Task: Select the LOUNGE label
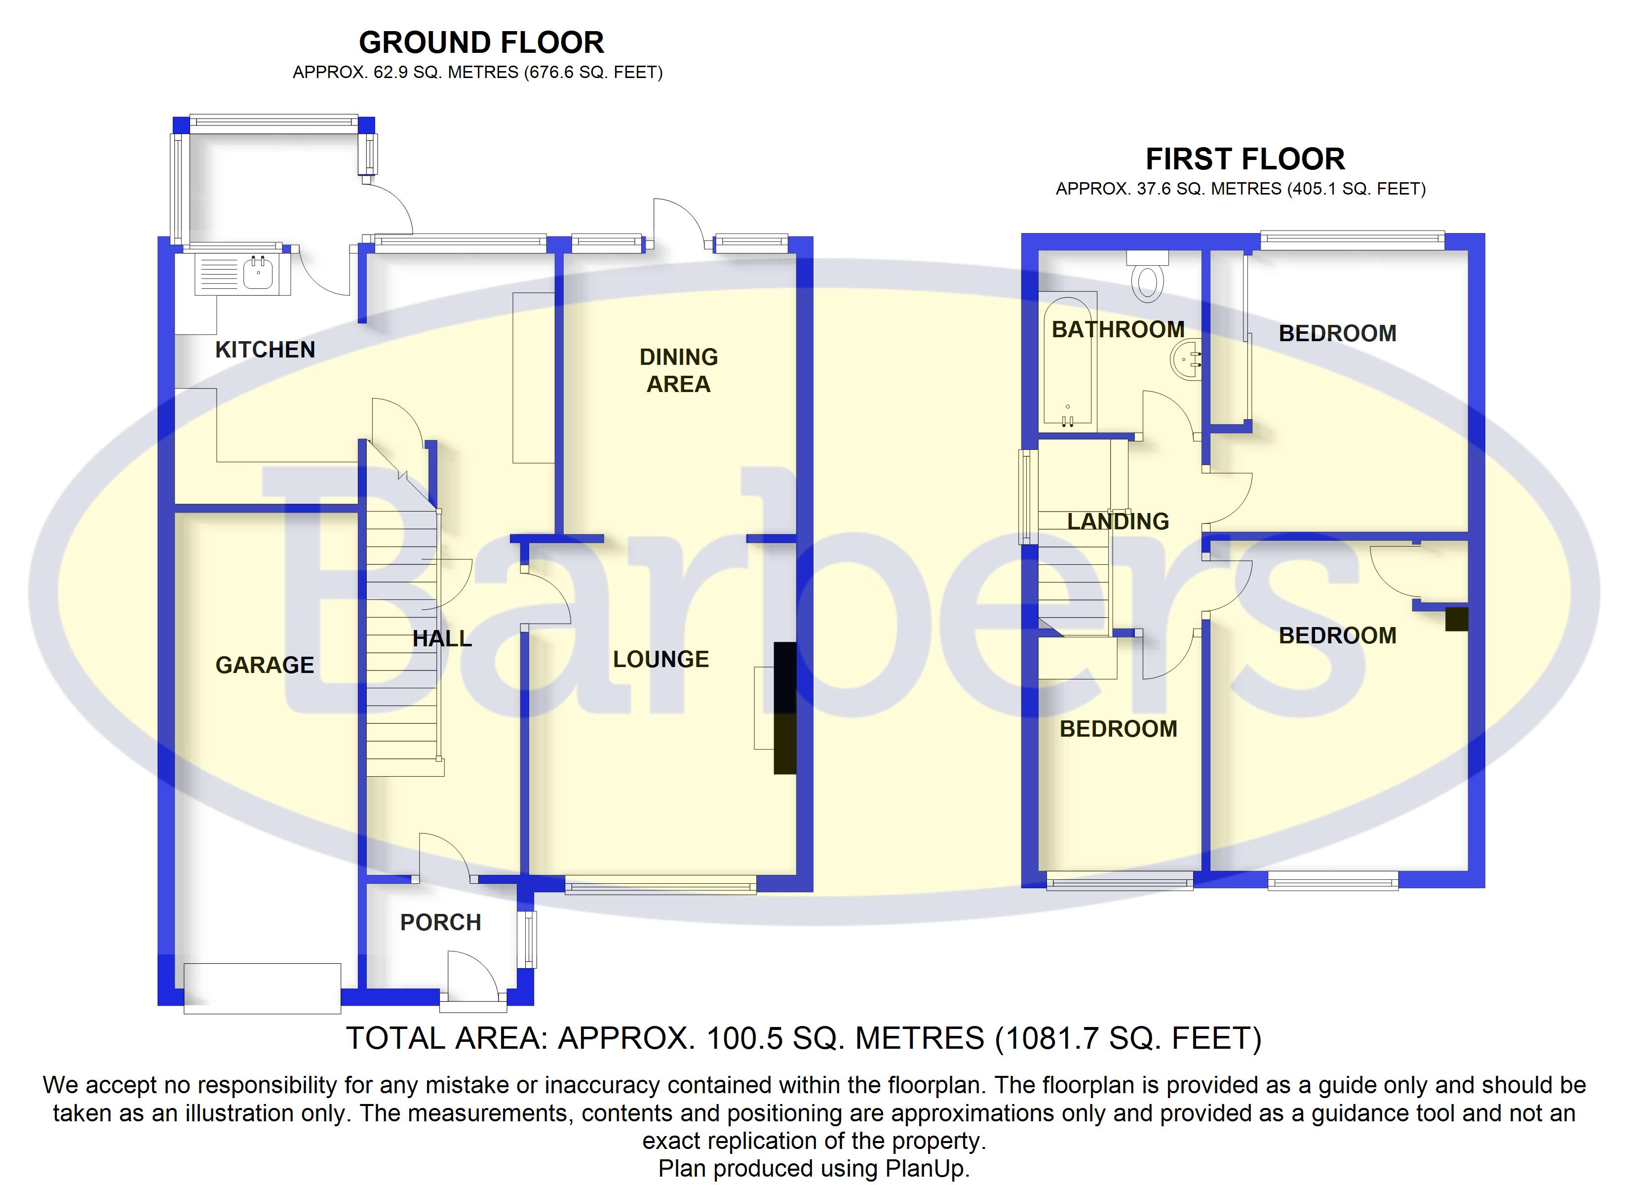click(661, 659)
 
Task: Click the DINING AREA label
click(678, 370)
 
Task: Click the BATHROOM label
click(1118, 329)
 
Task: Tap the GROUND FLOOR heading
click(481, 42)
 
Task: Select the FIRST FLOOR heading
click(1245, 159)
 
